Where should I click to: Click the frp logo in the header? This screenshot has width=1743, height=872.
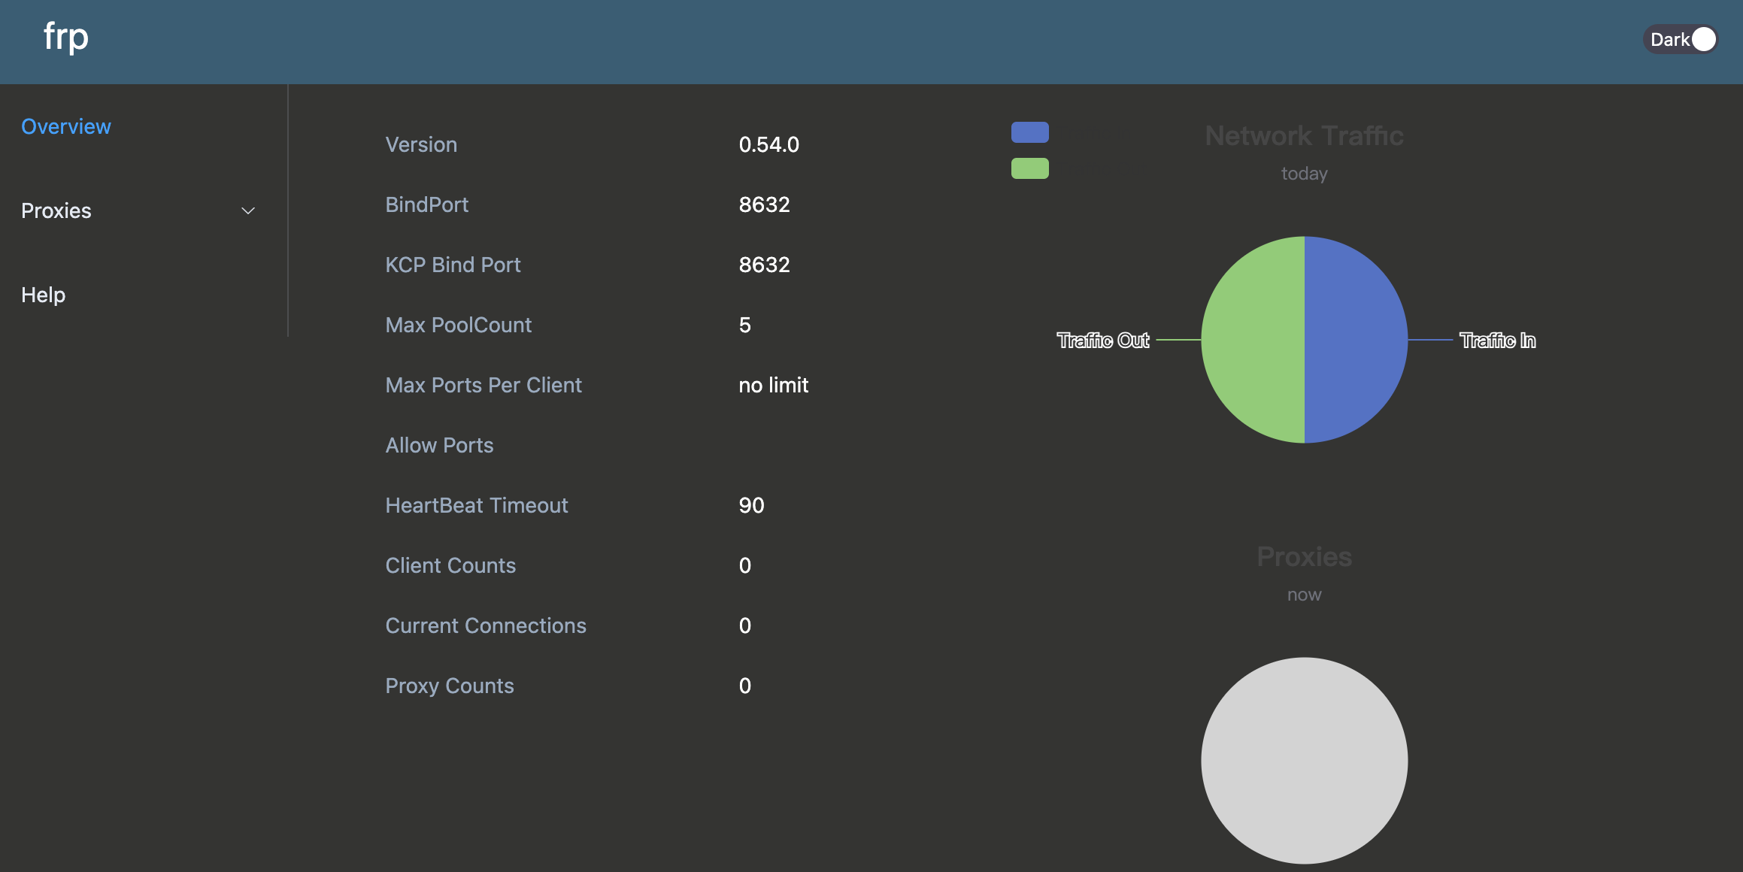(66, 37)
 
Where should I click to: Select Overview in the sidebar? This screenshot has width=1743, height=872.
(66, 126)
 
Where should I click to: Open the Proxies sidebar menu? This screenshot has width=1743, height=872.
(56, 210)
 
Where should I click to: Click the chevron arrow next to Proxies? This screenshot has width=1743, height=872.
(248, 211)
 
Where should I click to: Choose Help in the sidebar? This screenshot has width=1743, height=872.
(44, 295)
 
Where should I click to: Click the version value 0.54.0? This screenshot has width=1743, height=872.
(768, 144)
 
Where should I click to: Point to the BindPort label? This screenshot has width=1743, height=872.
(426, 204)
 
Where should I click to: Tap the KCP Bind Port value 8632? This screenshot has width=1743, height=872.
(764, 265)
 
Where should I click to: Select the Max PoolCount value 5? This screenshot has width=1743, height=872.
(744, 325)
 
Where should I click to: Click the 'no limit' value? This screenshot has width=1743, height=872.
(773, 385)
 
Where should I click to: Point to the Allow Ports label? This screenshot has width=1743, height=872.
(439, 445)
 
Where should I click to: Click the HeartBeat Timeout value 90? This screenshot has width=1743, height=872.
(751, 505)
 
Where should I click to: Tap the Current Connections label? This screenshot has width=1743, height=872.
(485, 625)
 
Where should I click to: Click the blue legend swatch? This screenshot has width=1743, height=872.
(1029, 132)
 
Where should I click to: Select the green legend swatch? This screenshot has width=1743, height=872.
(1029, 168)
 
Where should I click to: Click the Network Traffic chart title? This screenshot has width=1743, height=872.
(1304, 136)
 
